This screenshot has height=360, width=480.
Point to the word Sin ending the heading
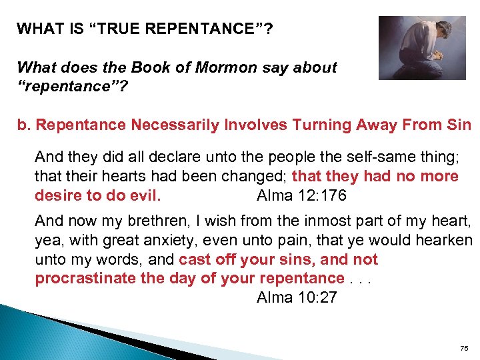click(x=459, y=125)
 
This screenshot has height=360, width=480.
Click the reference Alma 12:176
click(x=301, y=196)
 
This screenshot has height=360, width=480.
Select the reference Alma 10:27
click(x=297, y=297)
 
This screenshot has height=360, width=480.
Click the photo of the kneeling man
click(x=421, y=47)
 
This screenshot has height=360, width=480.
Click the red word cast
click(x=193, y=259)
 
